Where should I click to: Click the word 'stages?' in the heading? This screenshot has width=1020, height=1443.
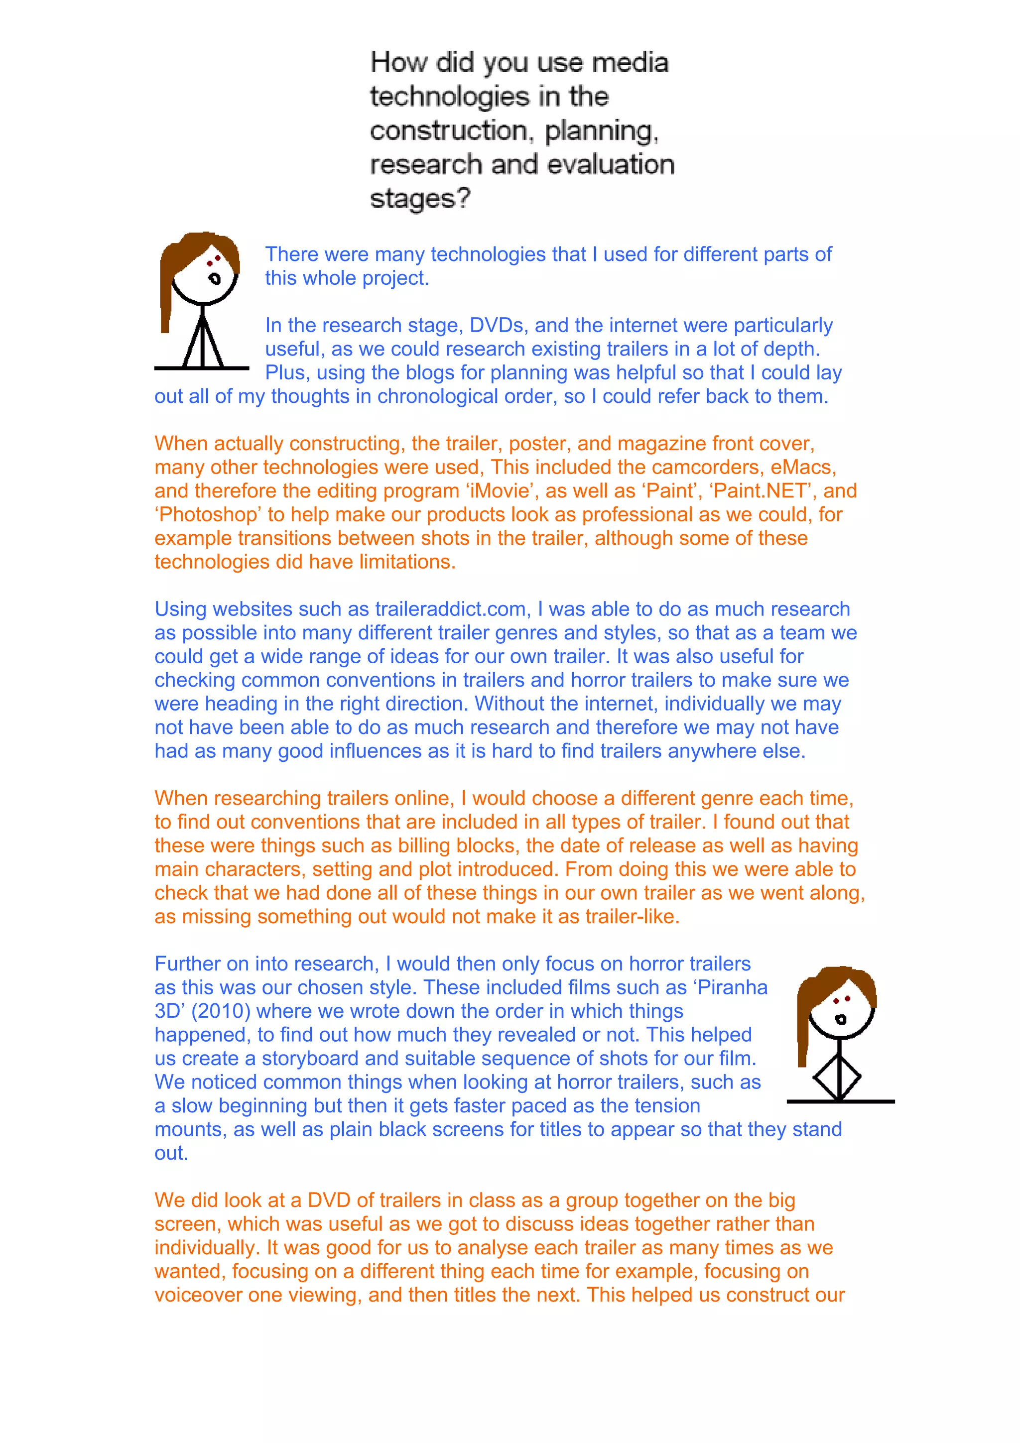pos(420,199)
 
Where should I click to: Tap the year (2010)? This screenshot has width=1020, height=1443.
pos(221,1011)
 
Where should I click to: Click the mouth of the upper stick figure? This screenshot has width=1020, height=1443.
pos(215,278)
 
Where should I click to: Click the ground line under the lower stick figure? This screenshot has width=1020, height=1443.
pos(840,1101)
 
